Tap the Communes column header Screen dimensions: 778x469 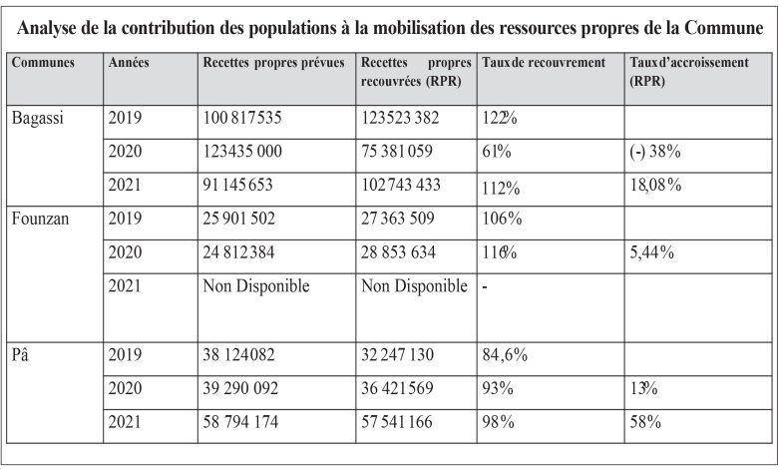[x=43, y=63]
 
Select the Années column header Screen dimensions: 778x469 [x=129, y=63]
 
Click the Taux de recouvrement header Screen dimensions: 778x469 [x=544, y=63]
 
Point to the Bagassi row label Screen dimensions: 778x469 [x=37, y=118]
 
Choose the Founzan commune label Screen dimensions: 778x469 [x=40, y=219]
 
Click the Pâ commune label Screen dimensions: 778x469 [x=20, y=354]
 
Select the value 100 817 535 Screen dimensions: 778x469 [x=242, y=118]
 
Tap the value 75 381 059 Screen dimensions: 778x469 [x=396, y=152]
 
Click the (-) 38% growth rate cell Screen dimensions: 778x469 [x=655, y=152]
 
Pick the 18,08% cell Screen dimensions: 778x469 [x=655, y=186]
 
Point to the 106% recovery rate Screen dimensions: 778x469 [x=502, y=219]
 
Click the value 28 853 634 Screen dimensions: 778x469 [x=398, y=252]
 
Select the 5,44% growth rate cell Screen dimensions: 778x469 [x=652, y=252]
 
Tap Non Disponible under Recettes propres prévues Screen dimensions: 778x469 [x=256, y=286]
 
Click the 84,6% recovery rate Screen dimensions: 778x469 [x=505, y=355]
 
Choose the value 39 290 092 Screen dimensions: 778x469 [x=240, y=388]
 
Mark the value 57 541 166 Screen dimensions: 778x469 [x=396, y=422]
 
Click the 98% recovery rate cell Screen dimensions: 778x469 [x=498, y=422]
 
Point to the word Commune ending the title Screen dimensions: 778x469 [x=723, y=28]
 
